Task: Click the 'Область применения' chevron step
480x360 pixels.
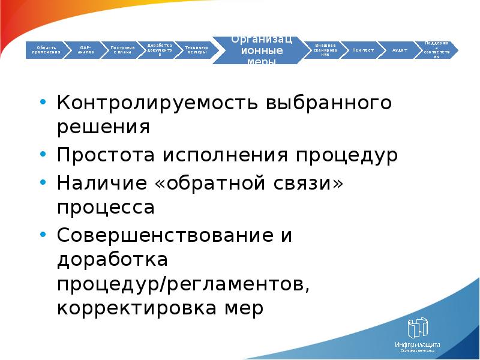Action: (48, 50)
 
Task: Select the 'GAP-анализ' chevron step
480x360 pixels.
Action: (86, 50)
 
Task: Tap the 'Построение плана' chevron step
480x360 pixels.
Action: (122, 50)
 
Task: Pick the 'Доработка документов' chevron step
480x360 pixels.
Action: (160, 50)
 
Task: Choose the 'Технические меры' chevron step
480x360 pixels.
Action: (196, 50)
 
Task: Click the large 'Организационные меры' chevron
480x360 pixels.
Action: (262, 50)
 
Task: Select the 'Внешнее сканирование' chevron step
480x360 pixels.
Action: (325, 50)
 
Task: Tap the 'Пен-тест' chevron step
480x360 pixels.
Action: (363, 50)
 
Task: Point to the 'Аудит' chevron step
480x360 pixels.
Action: (400, 50)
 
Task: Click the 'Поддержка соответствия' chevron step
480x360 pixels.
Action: (436, 50)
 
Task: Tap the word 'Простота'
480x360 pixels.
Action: (106, 156)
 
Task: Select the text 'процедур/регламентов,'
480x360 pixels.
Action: (184, 286)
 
